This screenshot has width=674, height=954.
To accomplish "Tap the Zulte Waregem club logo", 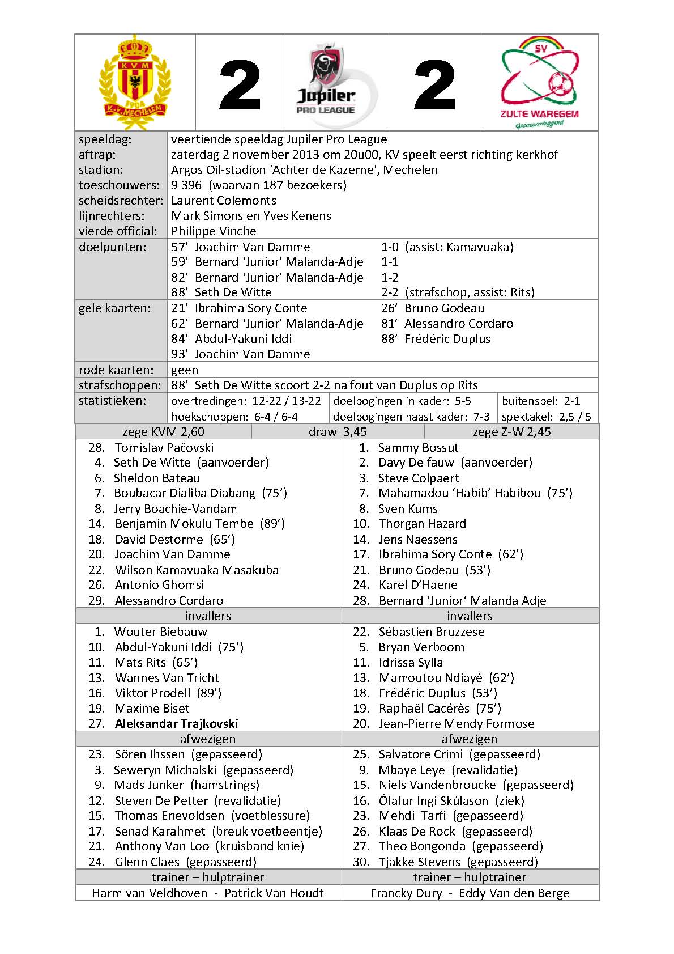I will (x=539, y=82).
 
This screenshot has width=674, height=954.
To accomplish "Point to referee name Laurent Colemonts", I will (x=224, y=201).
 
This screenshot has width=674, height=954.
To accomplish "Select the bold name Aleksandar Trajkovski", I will (x=176, y=724).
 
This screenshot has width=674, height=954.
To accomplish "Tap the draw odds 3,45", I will (x=338, y=432).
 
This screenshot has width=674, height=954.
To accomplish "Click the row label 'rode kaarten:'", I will (x=116, y=370).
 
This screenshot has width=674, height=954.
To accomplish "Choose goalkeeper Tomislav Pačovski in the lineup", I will (x=164, y=448).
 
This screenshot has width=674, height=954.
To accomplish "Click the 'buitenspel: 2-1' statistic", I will (x=541, y=401).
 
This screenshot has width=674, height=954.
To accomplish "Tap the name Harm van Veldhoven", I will (x=150, y=893).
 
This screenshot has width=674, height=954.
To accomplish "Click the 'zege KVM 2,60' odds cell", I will (x=163, y=432).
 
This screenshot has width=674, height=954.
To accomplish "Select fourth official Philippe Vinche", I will (x=214, y=231).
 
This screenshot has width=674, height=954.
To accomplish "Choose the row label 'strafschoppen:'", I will (x=120, y=385).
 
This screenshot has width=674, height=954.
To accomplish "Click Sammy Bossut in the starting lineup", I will (x=418, y=448).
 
